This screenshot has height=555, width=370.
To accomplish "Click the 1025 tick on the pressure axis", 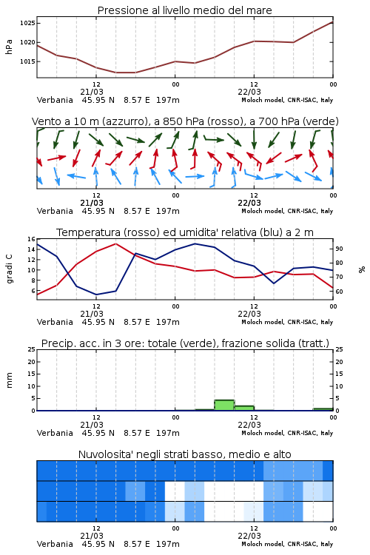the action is pos(27,24).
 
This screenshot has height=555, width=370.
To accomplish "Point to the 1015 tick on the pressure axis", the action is pos(27,61).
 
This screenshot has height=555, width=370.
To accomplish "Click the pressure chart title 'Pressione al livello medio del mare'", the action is pos(185,10).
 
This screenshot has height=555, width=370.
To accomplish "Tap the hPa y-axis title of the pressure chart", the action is pos(9,47).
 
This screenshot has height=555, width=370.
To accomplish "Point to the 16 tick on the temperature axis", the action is pos(32,239).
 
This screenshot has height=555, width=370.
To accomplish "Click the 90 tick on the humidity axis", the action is pos(339,249).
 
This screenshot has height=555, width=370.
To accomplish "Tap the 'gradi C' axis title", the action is pos(10,269).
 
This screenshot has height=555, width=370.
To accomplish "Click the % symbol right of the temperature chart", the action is pos(362,269).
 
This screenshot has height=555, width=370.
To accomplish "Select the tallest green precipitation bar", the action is pos(224,406).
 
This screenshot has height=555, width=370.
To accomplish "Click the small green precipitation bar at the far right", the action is pos(323,409).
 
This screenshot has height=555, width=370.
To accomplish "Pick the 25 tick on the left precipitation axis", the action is pos(32,350).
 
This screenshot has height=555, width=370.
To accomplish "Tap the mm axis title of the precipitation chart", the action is pos(10,380).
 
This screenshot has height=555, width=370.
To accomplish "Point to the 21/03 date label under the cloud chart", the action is pos(92,536).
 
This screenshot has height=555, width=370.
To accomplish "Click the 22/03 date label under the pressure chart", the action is pos(249,92).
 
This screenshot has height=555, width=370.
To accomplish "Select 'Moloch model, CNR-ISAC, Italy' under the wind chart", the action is pos(287,212).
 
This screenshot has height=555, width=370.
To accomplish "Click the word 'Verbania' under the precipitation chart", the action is pos(55,433).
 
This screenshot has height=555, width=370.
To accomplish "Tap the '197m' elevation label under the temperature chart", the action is pos(168,322).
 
